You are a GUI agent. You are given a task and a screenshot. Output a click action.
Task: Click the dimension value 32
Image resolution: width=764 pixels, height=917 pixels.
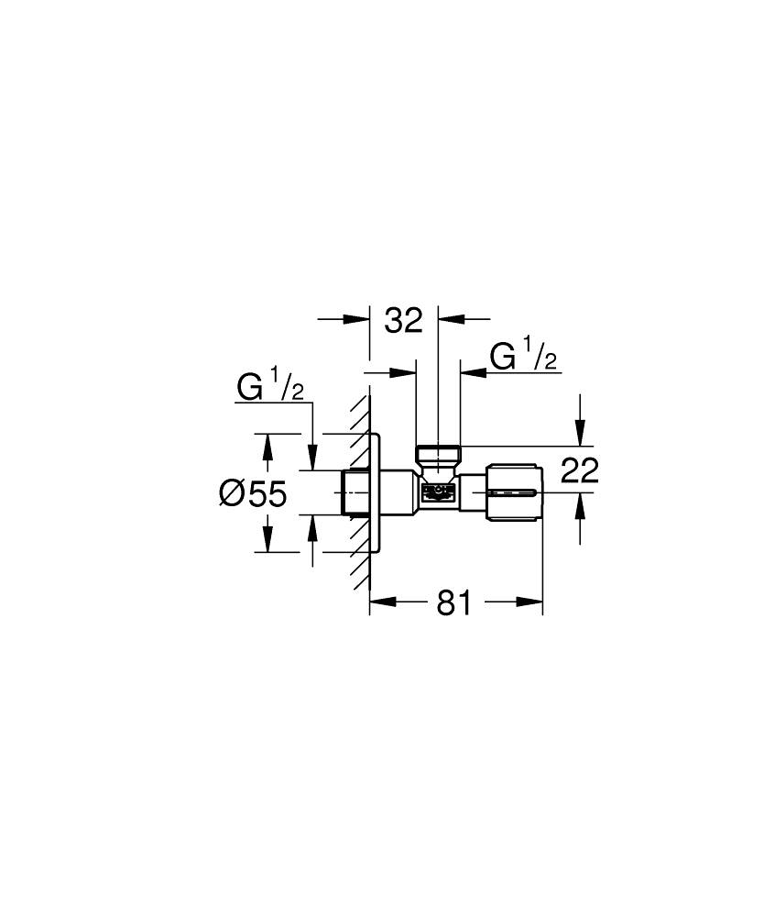click(x=403, y=320)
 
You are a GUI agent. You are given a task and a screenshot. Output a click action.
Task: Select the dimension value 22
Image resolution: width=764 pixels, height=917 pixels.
click(x=578, y=471)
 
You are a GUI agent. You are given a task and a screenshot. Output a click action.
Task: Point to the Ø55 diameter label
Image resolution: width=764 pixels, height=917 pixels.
click(x=254, y=494)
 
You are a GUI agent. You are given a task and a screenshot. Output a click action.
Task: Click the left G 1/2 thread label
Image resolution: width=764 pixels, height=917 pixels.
click(x=270, y=388)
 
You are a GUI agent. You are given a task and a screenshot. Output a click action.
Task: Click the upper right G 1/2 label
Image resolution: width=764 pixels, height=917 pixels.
click(x=523, y=356)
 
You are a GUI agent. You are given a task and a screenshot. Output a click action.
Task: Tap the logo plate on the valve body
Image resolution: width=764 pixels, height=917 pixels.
click(x=437, y=493)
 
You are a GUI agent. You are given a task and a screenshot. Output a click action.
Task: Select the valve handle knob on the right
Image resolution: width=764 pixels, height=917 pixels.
click(x=515, y=494)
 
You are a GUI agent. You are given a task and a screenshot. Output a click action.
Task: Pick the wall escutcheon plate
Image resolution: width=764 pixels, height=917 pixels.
click(x=376, y=493)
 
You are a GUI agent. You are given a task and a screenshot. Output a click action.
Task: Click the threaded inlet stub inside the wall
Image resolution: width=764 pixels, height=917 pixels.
click(x=354, y=493)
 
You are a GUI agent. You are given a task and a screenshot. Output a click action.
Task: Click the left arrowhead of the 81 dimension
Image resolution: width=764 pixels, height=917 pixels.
click(x=381, y=602)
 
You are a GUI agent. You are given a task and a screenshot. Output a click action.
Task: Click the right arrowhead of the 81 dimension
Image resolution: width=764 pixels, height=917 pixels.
click(x=530, y=602)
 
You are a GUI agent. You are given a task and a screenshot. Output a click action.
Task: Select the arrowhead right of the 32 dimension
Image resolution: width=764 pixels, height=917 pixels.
click(x=451, y=319)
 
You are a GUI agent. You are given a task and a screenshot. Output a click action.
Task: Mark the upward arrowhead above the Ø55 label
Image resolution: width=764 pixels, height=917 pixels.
click(x=267, y=446)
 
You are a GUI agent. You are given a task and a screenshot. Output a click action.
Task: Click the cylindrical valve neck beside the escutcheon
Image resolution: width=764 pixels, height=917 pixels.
click(x=398, y=493)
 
